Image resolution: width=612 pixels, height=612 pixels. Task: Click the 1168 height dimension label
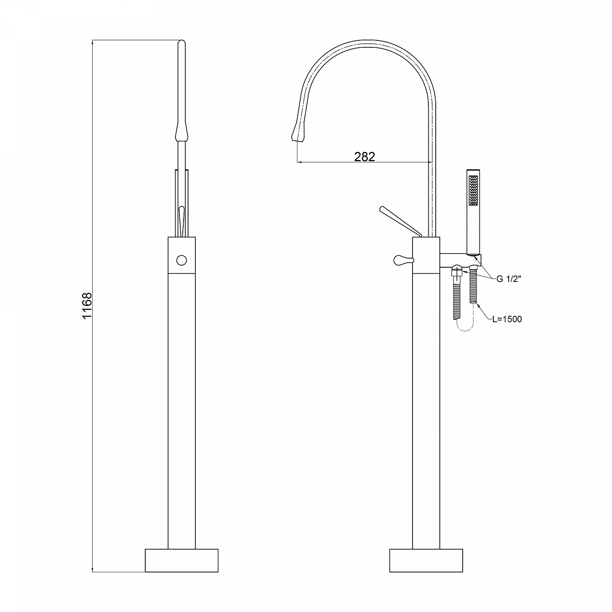click(88, 306)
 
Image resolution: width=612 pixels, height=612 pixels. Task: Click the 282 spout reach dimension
click(364, 156)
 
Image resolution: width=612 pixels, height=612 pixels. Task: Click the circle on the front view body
click(182, 259)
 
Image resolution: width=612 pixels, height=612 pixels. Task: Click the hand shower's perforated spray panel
click(473, 191)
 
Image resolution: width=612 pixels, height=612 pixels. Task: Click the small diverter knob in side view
click(404, 259)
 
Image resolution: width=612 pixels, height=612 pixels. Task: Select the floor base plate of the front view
click(182, 560)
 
